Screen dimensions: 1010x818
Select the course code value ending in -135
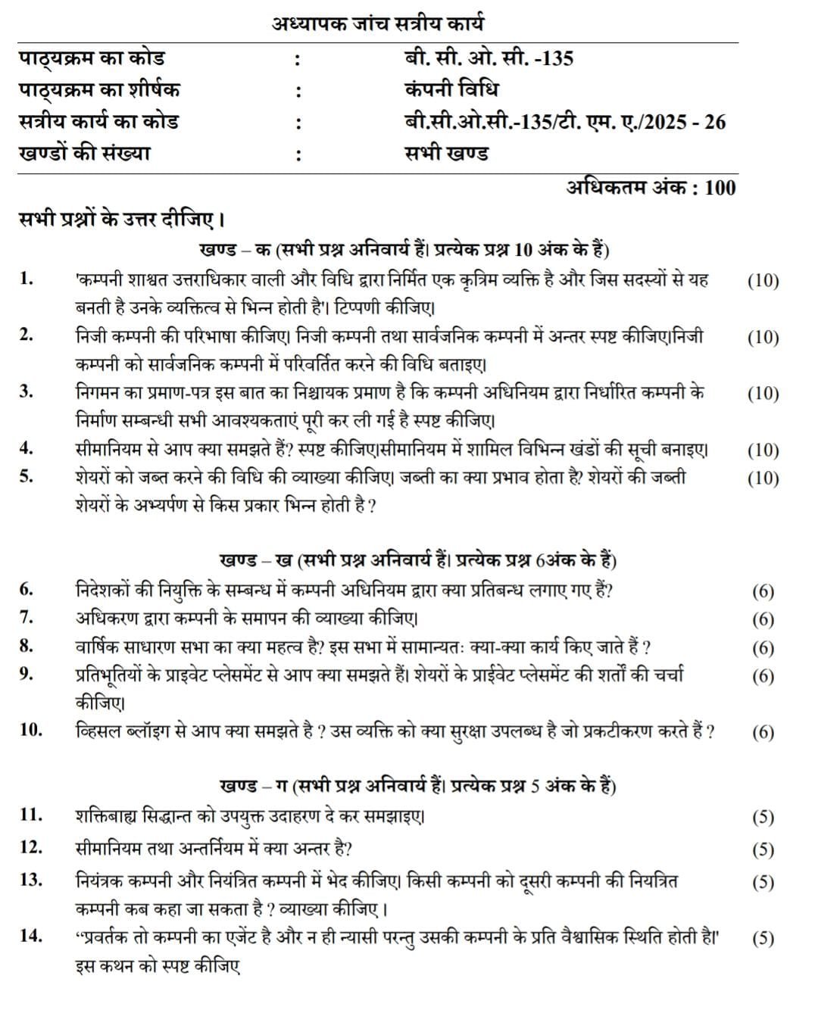tap(489, 58)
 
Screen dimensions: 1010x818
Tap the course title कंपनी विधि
tap(451, 89)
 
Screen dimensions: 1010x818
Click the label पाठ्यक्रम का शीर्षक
tap(99, 89)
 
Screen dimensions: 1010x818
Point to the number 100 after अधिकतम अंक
tap(720, 187)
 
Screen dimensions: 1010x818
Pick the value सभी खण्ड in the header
tap(446, 153)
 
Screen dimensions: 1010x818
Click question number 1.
tap(27, 279)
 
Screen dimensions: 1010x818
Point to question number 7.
tap(27, 618)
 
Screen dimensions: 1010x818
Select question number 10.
tap(31, 731)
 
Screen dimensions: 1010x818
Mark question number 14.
tap(31, 936)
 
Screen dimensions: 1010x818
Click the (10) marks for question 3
tap(763, 393)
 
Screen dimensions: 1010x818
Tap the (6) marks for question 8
tap(763, 647)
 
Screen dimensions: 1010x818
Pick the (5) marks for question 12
tap(763, 849)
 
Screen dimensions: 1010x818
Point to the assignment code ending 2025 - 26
tap(565, 121)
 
